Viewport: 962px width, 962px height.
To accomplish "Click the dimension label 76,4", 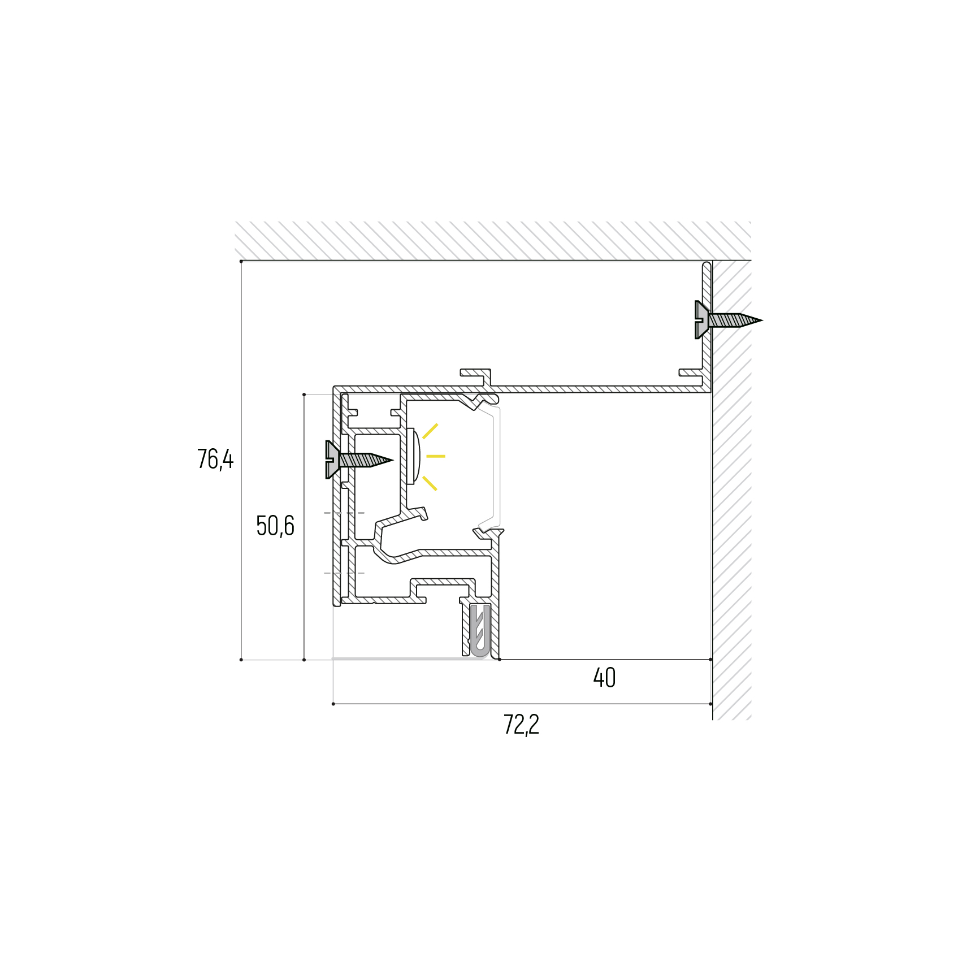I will click(x=215, y=459).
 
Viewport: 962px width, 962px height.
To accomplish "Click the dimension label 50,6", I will click(x=275, y=526).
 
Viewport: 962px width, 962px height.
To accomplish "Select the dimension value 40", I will click(x=604, y=678).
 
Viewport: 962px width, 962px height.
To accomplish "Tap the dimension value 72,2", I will click(x=521, y=725).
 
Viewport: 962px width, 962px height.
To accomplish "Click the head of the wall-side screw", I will click(x=701, y=320).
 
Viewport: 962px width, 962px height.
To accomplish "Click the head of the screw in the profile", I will click(x=332, y=460).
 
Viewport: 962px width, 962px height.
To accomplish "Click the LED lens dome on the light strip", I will click(x=417, y=457).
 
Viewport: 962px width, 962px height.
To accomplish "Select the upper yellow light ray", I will click(x=430, y=431).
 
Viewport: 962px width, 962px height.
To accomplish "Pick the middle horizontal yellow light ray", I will click(x=436, y=456).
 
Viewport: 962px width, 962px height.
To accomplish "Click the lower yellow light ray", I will click(x=430, y=483).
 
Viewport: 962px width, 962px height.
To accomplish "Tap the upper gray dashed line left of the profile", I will click(x=344, y=513).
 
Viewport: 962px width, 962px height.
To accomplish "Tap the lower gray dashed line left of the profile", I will click(x=344, y=573).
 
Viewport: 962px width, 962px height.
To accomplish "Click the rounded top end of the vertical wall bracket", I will click(x=707, y=265).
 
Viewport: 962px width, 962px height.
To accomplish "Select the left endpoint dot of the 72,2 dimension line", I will click(x=333, y=704).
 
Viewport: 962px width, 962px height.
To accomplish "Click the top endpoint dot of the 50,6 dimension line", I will click(x=304, y=395).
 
